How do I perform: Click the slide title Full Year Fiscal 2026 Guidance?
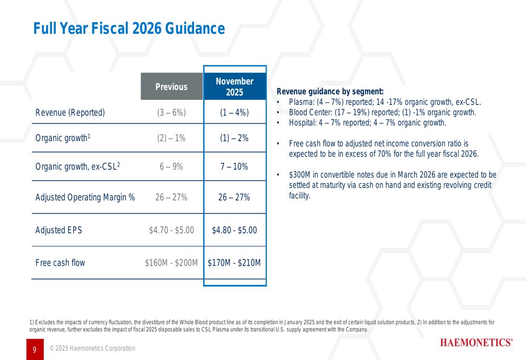coord(129,28)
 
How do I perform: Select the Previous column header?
coord(171,87)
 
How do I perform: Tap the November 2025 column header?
coord(235,87)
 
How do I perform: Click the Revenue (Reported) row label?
coord(70,112)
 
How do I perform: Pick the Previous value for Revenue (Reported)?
coord(171,112)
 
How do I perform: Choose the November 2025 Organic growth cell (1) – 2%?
coord(234,138)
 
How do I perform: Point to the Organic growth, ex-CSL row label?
coord(78,167)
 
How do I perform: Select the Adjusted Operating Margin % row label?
coord(85,197)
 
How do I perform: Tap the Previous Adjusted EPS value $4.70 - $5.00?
coord(171,230)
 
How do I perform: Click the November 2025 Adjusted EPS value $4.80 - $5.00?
coord(234,230)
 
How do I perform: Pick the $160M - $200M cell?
coord(171,262)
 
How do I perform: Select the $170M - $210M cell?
coord(234,262)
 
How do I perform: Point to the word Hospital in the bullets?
coord(302,123)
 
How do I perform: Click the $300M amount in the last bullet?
coord(300,175)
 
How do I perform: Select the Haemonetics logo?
coord(477,343)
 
